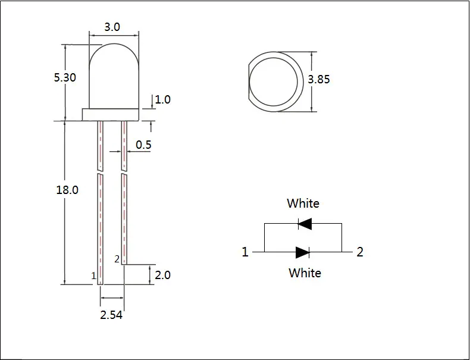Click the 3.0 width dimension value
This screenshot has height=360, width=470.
point(112,27)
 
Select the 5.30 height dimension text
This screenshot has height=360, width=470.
point(65,77)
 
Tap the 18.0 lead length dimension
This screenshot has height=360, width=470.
point(67,190)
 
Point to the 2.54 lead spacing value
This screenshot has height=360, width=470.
point(111,315)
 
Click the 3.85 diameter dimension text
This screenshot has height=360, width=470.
point(319,79)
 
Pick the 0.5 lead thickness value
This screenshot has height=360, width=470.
point(143,145)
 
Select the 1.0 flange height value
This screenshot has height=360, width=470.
point(163,99)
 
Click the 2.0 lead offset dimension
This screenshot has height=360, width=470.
point(163,275)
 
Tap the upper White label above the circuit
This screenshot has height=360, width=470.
point(303,204)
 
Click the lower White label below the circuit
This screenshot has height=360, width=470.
point(305,273)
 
